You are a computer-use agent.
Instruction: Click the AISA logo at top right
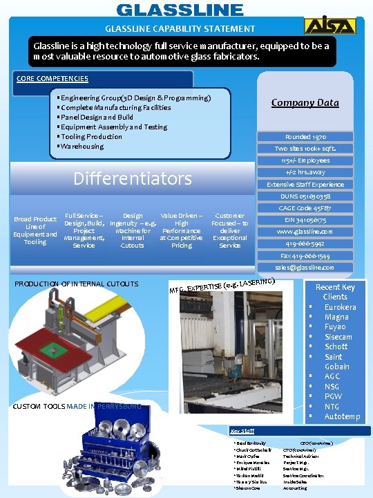tap(340, 26)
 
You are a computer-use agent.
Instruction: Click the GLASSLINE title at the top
tap(180, 10)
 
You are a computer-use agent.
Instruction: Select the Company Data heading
tap(305, 102)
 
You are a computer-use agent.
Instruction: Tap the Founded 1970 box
tap(305, 137)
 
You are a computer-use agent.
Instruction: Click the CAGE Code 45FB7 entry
tap(305, 207)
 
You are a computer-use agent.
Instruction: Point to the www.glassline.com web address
tap(305, 231)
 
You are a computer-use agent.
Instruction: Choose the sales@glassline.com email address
tap(305, 267)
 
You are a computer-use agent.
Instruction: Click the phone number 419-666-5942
tap(305, 243)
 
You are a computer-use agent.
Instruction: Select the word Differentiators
tap(133, 179)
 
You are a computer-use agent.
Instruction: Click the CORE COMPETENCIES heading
tap(52, 79)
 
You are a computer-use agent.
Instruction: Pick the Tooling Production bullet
tap(92, 136)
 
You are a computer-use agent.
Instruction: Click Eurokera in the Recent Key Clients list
tap(340, 307)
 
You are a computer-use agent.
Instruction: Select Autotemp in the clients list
tap(342, 416)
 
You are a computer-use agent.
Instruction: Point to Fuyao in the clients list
tap(336, 326)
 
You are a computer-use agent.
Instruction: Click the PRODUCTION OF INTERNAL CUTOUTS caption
tap(77, 284)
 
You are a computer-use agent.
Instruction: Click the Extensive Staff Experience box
tap(305, 185)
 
